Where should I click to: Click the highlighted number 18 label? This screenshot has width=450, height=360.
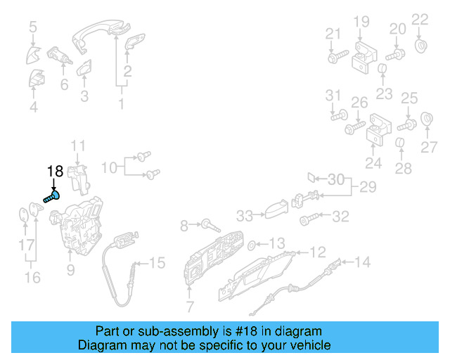click(x=56, y=171)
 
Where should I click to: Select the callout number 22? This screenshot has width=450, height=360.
click(x=419, y=19)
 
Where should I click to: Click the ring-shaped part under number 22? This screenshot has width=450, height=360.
click(x=421, y=46)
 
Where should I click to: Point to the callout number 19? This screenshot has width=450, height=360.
click(x=361, y=22)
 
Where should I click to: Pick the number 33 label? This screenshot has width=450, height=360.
click(x=244, y=215)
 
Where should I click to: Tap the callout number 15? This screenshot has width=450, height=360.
click(x=157, y=263)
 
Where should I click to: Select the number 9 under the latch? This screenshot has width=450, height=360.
click(x=70, y=269)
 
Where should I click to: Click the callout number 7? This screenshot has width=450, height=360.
click(x=190, y=307)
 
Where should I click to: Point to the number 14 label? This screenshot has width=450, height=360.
click(x=361, y=263)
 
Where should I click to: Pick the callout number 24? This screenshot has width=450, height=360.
click(x=373, y=164)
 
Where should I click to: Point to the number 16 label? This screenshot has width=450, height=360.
click(x=32, y=277)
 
